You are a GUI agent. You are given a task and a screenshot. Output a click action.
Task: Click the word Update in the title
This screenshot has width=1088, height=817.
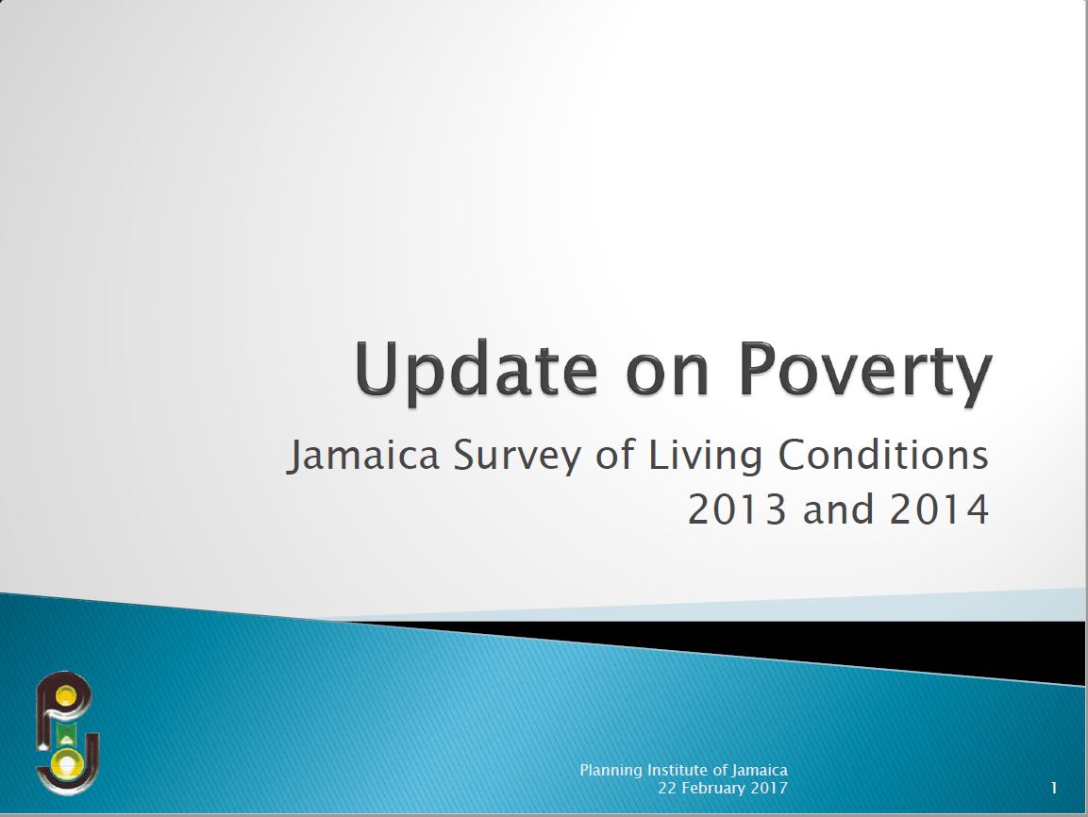(476, 370)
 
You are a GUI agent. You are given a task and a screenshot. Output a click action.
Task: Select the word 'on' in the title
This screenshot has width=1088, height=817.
(667, 377)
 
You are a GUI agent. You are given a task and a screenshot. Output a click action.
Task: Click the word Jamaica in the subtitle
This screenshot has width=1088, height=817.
(363, 457)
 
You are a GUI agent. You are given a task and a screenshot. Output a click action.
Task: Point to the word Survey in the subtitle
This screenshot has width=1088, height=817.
(518, 457)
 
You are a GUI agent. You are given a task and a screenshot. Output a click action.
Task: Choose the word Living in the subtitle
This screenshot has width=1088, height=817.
(706, 457)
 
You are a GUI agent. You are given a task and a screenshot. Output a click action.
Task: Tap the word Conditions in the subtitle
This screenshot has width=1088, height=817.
(883, 455)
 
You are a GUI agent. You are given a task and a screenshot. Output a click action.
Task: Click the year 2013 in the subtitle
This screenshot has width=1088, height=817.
(737, 509)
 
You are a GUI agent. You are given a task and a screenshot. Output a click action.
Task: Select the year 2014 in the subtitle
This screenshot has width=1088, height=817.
(940, 509)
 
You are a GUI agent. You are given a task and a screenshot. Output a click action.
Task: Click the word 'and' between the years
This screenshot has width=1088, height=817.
(838, 509)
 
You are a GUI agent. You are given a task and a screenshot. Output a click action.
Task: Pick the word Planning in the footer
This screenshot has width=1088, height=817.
(611, 771)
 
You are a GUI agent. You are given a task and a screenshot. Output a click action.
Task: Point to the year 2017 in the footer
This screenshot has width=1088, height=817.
(769, 788)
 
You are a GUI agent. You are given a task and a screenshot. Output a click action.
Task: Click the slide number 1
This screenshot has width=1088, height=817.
(1054, 788)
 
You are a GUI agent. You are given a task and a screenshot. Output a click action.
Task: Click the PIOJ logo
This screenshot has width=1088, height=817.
(67, 733)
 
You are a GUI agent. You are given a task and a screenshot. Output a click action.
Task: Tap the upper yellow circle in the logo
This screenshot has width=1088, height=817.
(65, 695)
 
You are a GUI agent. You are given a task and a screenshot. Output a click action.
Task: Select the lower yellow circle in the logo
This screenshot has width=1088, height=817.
(67, 764)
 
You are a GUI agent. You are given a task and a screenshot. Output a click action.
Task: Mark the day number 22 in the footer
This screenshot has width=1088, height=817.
(667, 788)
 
